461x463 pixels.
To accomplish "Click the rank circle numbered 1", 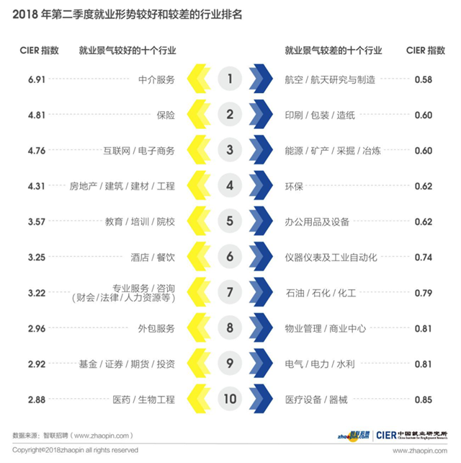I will click(x=230, y=79).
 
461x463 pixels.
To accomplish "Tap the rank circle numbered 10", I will click(x=230, y=399).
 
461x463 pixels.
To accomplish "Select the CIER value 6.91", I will click(x=36, y=79).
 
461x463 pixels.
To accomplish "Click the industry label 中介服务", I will click(x=156, y=79).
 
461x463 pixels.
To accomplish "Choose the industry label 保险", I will click(x=166, y=115).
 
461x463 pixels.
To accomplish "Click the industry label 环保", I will click(x=294, y=186).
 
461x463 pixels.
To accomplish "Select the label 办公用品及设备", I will click(x=318, y=221).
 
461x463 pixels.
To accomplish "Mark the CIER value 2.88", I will click(x=36, y=399).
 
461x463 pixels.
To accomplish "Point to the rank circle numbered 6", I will click(x=230, y=257).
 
